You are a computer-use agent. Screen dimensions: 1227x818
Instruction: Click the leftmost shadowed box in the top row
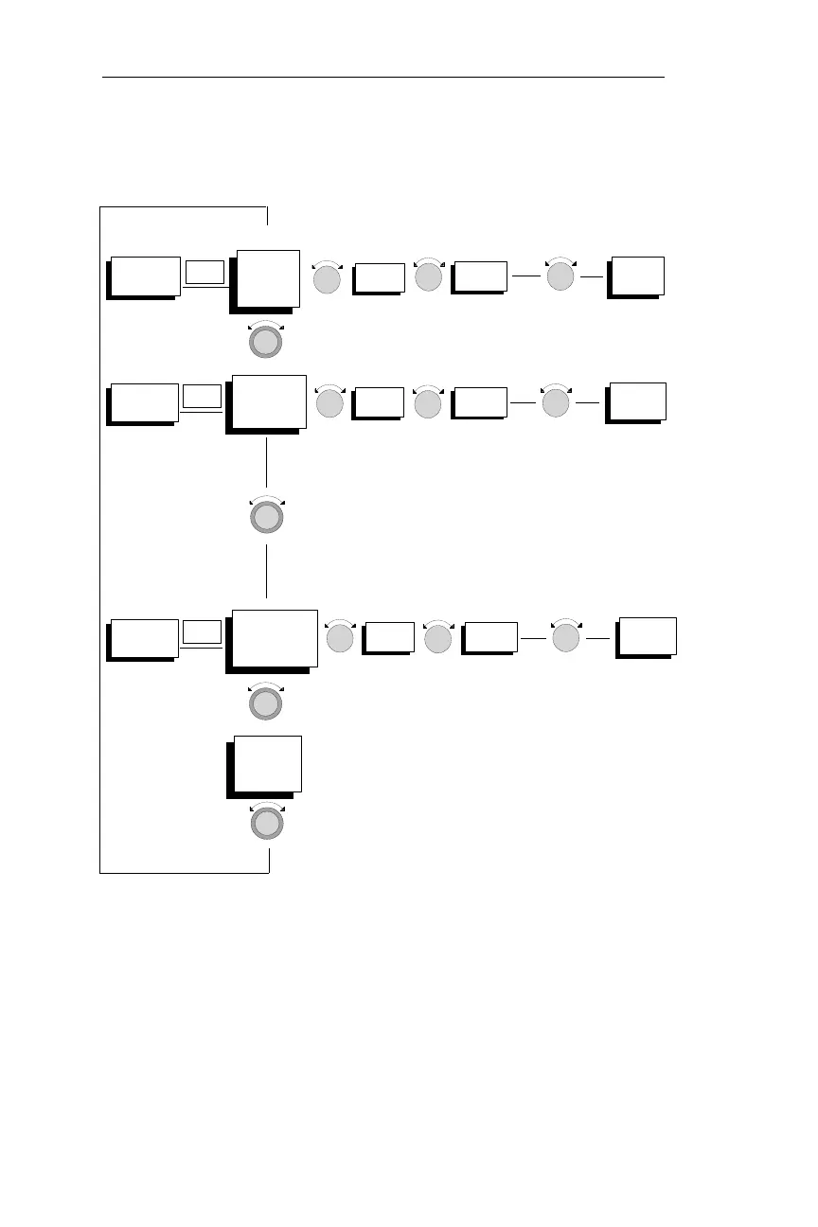[144, 276]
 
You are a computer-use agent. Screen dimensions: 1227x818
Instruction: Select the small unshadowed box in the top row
[205, 272]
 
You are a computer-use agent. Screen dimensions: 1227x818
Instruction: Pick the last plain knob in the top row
[560, 276]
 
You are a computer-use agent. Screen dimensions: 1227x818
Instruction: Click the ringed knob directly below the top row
[266, 341]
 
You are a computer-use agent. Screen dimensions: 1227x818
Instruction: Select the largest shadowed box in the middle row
[269, 401]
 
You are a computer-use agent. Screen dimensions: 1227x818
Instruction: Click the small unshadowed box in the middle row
[202, 398]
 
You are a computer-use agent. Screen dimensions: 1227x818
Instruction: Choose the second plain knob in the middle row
[429, 404]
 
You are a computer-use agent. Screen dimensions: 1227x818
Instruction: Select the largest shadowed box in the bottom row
[275, 640]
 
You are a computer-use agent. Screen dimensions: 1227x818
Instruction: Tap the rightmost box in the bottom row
[647, 636]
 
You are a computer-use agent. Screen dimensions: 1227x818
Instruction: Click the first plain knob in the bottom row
[340, 640]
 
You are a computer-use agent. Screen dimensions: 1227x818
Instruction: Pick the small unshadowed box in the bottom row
[202, 632]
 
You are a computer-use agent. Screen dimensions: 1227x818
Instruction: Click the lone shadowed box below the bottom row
[267, 764]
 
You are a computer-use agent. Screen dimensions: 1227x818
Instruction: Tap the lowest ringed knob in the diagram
[266, 824]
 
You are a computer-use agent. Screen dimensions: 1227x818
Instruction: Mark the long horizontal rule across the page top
[383, 78]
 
